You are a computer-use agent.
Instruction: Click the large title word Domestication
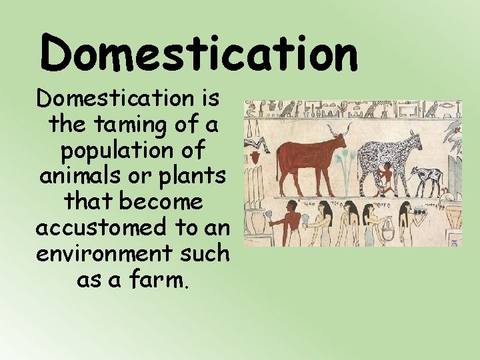pos(199,54)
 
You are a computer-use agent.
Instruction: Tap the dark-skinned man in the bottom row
pos(288,223)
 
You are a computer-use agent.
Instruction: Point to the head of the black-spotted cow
pos(413,139)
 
